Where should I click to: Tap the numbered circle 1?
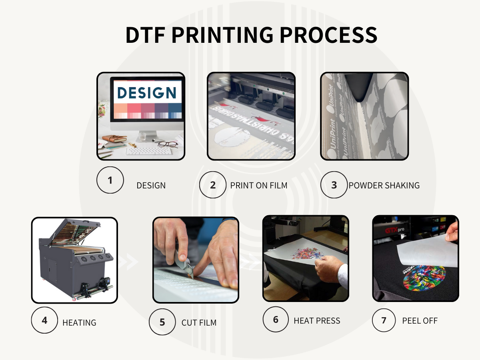click(110, 180)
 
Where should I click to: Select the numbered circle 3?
click(334, 185)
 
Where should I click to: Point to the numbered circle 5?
click(162, 322)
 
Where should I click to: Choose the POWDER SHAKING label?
click(384, 185)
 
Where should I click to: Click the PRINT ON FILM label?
click(259, 185)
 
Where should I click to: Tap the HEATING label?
click(79, 322)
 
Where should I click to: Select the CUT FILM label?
click(199, 322)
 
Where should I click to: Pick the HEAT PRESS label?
click(317, 320)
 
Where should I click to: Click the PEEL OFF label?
click(420, 320)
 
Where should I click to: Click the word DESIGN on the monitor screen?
click(146, 92)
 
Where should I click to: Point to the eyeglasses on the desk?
click(168, 144)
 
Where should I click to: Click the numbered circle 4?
click(44, 320)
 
